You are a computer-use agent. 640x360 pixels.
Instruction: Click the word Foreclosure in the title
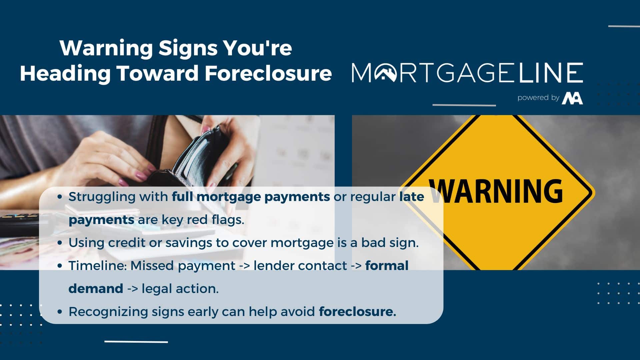coord(268,73)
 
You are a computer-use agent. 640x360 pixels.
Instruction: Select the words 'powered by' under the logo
coord(538,98)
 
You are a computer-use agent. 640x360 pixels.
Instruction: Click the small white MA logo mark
coord(572,98)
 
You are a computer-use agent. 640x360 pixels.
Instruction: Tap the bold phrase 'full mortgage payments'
coord(251,197)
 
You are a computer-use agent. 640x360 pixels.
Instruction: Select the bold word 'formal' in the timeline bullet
coord(387,266)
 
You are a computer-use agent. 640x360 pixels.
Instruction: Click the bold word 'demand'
coord(96,288)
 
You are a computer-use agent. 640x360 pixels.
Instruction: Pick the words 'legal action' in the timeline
coord(180,289)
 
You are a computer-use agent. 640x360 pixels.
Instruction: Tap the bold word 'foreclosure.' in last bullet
coord(357,312)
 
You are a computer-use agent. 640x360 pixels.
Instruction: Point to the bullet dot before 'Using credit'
coord(60,243)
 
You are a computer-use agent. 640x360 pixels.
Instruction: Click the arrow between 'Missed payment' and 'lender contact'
coord(244,266)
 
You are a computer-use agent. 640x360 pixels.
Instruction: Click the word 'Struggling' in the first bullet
coord(102,197)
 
